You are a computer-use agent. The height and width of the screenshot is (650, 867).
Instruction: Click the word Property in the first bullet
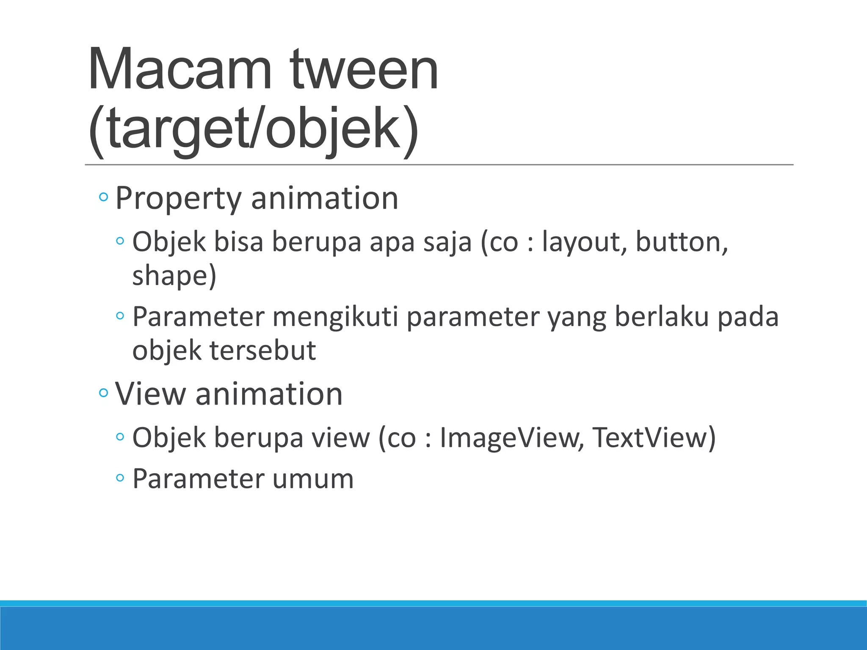click(178, 198)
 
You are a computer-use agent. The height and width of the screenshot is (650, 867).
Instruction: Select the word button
click(682, 242)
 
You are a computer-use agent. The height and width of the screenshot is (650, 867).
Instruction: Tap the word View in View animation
click(150, 394)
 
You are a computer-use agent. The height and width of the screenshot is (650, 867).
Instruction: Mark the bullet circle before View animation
click(103, 393)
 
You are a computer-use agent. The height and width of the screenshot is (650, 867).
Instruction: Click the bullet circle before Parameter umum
click(120, 478)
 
